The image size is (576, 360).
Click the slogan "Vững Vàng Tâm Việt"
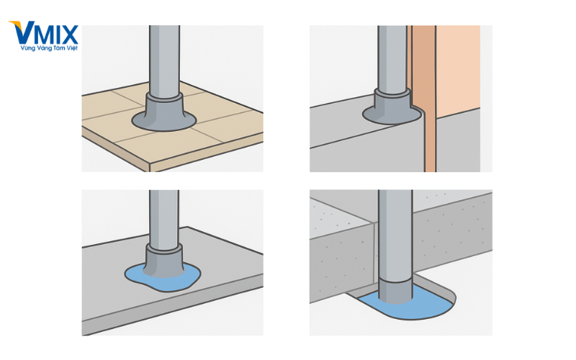(49, 48)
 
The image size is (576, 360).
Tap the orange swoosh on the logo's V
(17, 24)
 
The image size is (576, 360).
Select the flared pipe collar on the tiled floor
(164, 112)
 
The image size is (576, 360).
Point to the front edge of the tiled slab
(207, 152)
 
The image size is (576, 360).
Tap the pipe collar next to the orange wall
(392, 107)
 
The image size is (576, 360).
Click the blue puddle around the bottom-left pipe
(163, 278)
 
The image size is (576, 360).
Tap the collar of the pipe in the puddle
(164, 260)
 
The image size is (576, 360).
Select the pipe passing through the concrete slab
(395, 235)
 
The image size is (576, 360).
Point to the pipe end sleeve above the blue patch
(395, 291)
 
